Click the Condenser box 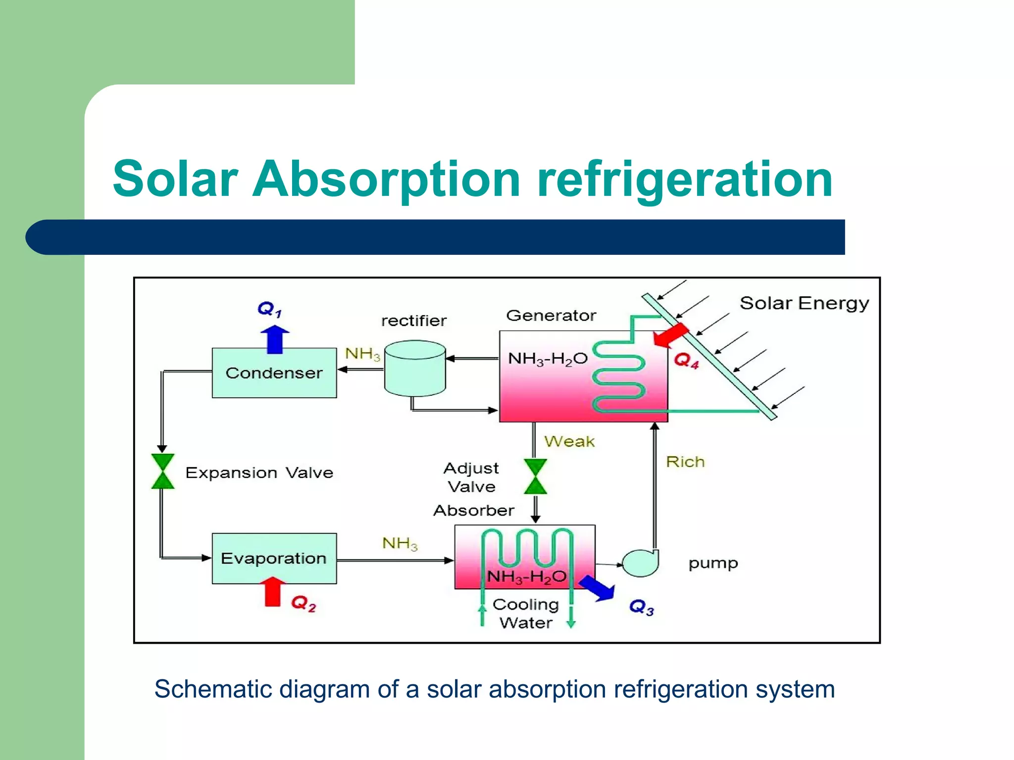pos(274,373)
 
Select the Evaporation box pos(274,558)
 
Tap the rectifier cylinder pos(415,369)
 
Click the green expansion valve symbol pos(162,471)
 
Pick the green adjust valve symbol pos(535,476)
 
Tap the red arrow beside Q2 pos(272,592)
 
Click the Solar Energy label pos(804,303)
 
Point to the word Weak pos(569,441)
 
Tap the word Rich pos(685,462)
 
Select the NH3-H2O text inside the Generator pos(548,359)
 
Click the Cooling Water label pos(526,613)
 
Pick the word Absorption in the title pos(386,179)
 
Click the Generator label pos(551,315)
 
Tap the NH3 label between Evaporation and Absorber pos(400,543)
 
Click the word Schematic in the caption pos(213,689)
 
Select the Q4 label pos(686,360)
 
